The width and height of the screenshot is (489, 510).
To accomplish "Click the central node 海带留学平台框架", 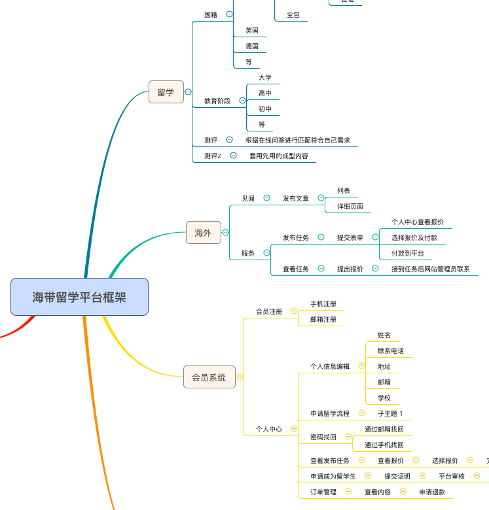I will pyautogui.click(x=79, y=297).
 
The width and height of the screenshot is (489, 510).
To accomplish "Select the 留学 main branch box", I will pyautogui.click(x=166, y=92).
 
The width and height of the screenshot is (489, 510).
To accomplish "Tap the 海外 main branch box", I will pyautogui.click(x=203, y=232).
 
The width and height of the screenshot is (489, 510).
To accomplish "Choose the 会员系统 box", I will pyautogui.click(x=209, y=377).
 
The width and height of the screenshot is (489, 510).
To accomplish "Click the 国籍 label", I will pyautogui.click(x=211, y=14).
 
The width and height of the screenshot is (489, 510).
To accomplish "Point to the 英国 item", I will pyautogui.click(x=252, y=30).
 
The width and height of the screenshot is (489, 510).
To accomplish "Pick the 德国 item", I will pyautogui.click(x=252, y=46).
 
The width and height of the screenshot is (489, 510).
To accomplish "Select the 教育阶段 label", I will pyautogui.click(x=217, y=101).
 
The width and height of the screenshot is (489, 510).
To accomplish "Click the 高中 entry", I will pyautogui.click(x=265, y=93).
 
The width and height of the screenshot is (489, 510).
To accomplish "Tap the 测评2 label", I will pyautogui.click(x=213, y=156).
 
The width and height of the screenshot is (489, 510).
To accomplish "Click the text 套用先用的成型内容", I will pyautogui.click(x=278, y=156).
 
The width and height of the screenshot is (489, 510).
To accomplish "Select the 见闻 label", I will pyautogui.click(x=248, y=198).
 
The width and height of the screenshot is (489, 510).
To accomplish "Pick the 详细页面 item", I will pyautogui.click(x=350, y=206).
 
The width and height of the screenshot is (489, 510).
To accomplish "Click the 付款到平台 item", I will pyautogui.click(x=408, y=253).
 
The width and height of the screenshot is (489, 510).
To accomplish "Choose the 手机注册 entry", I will pyautogui.click(x=323, y=303).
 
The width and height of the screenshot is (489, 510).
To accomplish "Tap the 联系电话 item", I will pyautogui.click(x=391, y=350).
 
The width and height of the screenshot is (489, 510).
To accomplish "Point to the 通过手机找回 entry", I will pyautogui.click(x=384, y=445).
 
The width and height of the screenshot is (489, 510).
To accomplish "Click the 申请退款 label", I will pyautogui.click(x=432, y=492).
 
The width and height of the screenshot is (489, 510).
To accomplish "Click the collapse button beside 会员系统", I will pyautogui.click(x=240, y=377).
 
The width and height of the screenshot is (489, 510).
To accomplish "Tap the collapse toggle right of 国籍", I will pyautogui.click(x=229, y=14).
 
